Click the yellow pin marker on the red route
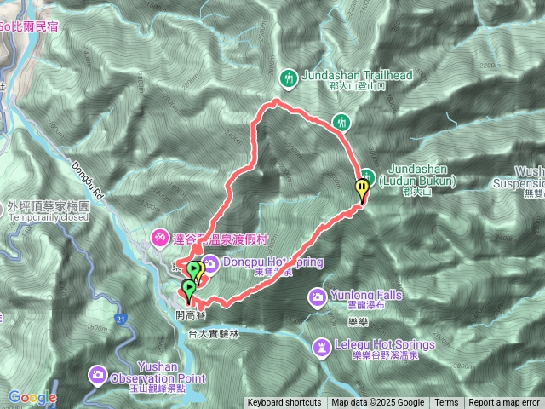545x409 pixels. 364,187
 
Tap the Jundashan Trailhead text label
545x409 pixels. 357,75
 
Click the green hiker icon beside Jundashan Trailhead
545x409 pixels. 289,78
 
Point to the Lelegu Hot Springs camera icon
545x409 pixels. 322,346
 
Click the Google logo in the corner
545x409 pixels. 32,397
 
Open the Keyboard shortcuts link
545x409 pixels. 284,403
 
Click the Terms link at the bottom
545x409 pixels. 446,403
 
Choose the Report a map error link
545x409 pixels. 505,403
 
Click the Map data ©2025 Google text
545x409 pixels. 377,403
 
